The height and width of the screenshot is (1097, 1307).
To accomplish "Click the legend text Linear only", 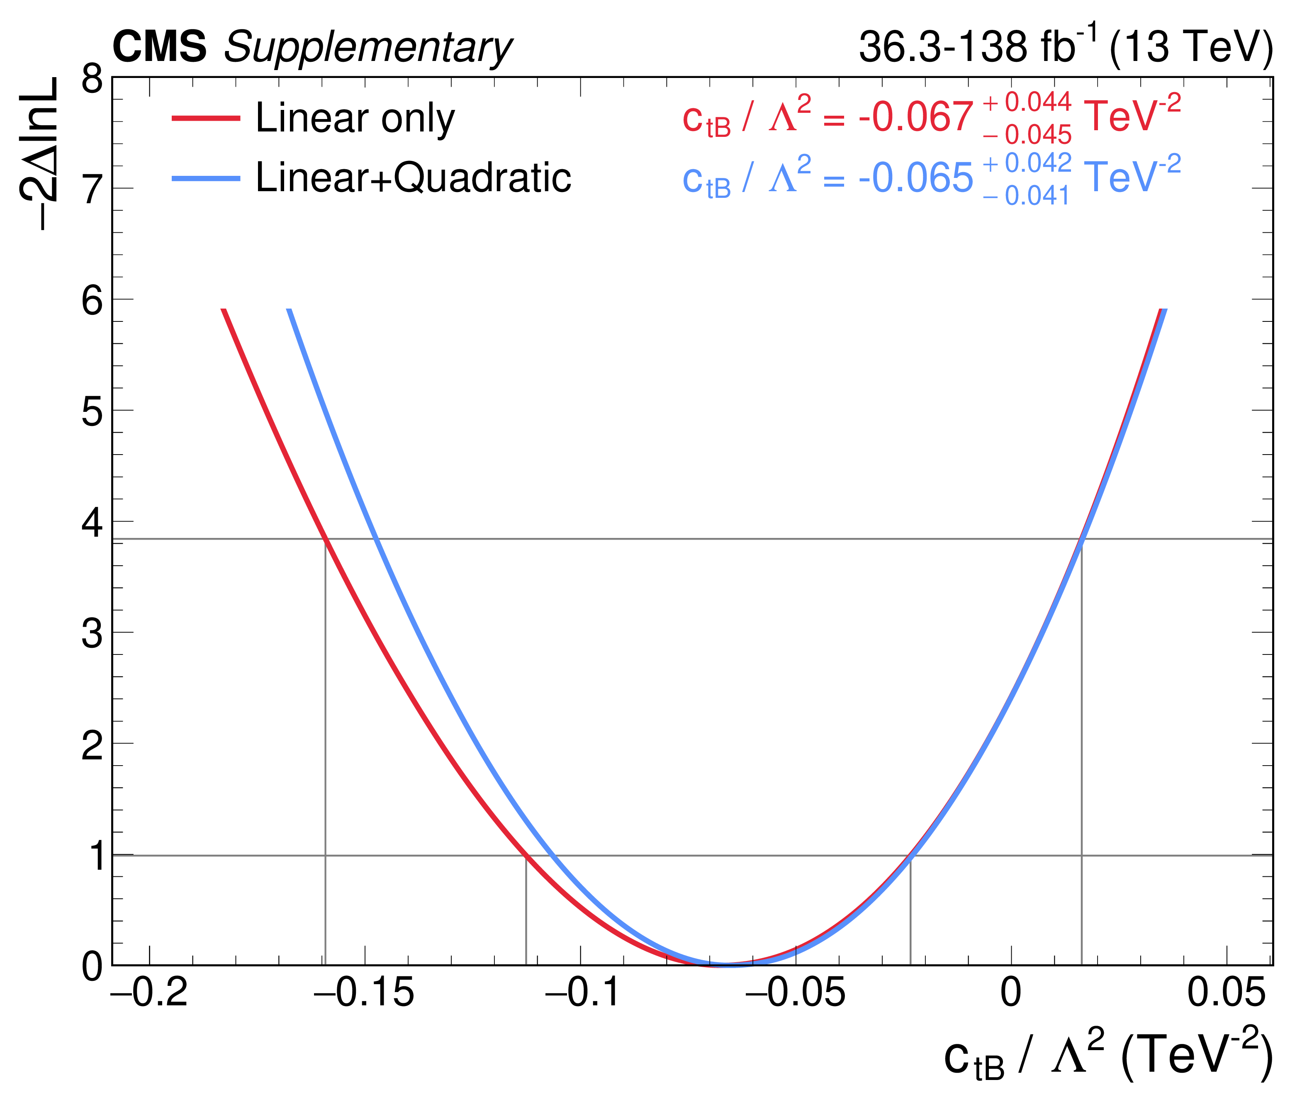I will click(355, 118).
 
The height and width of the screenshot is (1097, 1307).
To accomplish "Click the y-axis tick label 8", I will click(92, 79).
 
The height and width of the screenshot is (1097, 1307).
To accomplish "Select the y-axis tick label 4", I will click(92, 523).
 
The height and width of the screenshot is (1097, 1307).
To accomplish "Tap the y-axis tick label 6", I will click(92, 301).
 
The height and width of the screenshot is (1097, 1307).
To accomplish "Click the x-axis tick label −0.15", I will click(364, 992).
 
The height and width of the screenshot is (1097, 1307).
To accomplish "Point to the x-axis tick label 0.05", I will click(1226, 992).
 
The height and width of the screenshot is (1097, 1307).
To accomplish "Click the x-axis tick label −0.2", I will click(149, 992).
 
